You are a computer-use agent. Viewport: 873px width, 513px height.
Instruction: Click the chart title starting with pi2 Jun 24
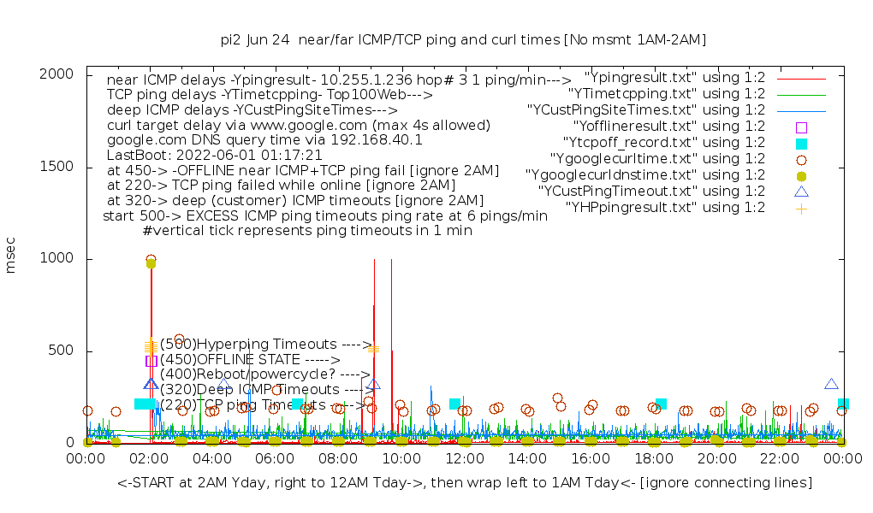(463, 40)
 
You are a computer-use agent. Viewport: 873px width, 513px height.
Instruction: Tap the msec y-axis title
(12, 258)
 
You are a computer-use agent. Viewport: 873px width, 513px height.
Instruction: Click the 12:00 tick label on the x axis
(464, 459)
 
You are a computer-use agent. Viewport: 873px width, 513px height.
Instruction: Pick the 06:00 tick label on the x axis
(275, 459)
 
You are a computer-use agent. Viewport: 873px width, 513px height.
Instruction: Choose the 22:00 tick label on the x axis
(779, 459)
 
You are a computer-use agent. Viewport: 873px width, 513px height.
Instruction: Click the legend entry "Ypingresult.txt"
(674, 78)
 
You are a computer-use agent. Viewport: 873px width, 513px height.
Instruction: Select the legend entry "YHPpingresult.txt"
(665, 208)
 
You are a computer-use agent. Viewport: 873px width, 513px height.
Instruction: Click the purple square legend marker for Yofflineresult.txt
(801, 127)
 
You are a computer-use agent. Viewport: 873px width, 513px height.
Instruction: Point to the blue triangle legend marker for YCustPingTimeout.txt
(801, 192)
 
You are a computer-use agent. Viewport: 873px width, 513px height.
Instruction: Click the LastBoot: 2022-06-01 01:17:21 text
(214, 156)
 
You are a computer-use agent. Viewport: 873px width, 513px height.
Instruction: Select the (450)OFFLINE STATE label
(250, 360)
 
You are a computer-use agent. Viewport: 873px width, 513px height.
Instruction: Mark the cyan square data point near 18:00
(661, 404)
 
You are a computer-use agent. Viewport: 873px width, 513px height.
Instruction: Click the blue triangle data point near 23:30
(831, 385)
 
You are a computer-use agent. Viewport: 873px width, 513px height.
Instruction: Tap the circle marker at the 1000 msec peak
(151, 259)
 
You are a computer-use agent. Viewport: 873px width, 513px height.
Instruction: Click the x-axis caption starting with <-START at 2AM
(465, 483)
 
